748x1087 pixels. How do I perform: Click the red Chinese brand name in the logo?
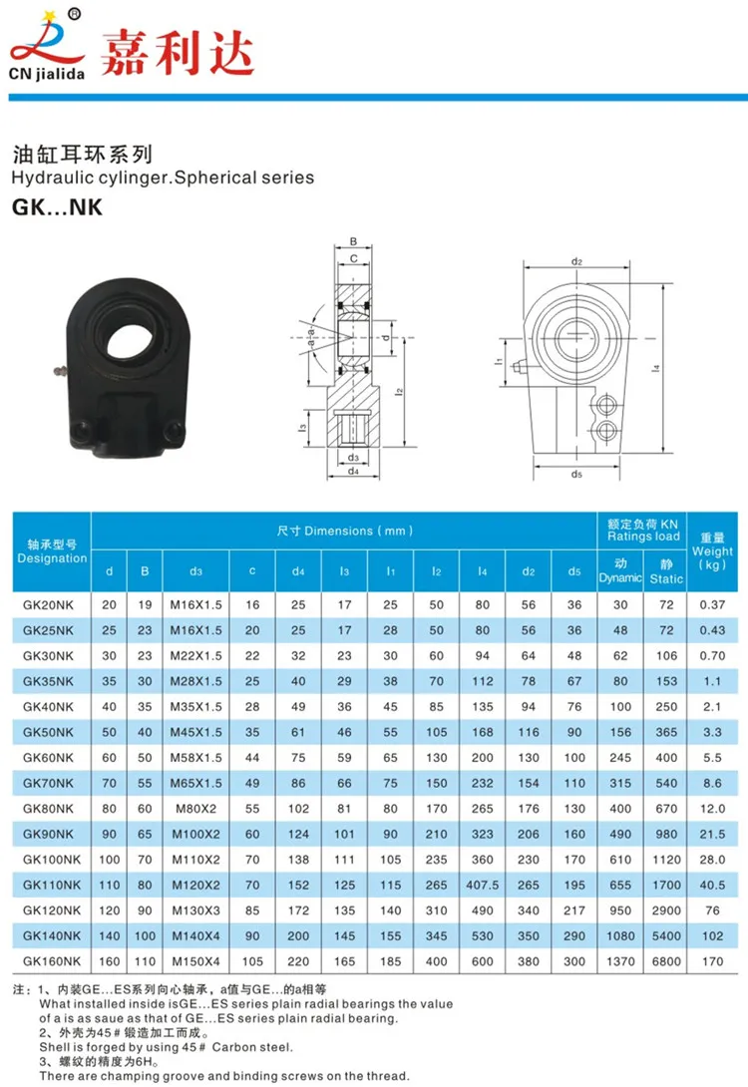click(x=178, y=53)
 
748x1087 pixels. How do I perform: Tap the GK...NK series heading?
click(x=57, y=207)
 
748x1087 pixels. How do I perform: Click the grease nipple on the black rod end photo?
click(x=61, y=372)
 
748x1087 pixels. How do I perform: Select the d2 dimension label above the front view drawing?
click(x=576, y=261)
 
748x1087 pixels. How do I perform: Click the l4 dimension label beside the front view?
click(x=656, y=368)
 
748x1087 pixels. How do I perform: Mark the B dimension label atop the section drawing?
click(x=353, y=242)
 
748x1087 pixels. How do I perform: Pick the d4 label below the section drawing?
click(x=353, y=471)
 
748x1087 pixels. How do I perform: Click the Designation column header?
click(x=52, y=551)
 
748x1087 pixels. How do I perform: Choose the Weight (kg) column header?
click(x=712, y=551)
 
